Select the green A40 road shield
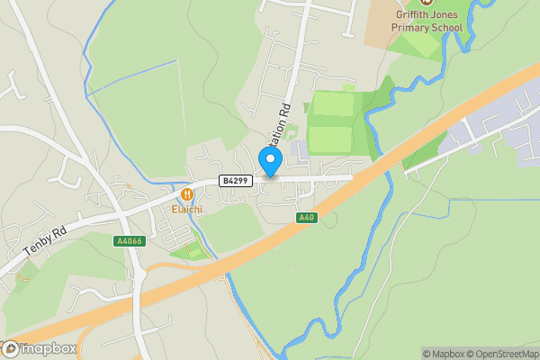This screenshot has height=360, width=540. pos(307,219)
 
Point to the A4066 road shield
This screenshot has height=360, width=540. pos(129,241)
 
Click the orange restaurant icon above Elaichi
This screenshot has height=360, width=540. pos(187,193)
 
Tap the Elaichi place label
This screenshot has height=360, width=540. pos(187,209)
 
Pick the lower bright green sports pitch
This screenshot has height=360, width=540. pos(329,139)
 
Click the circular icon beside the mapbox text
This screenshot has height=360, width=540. pos(9,348)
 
